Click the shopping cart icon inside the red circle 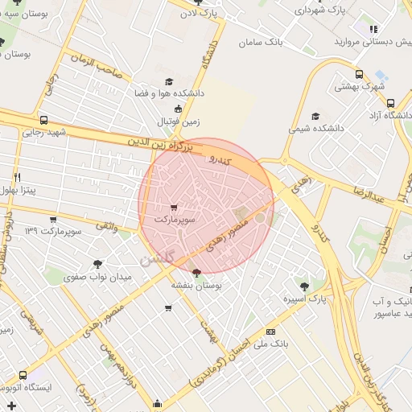[x=175, y=208]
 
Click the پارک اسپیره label [x=304, y=299]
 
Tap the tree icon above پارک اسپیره [x=304, y=286]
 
